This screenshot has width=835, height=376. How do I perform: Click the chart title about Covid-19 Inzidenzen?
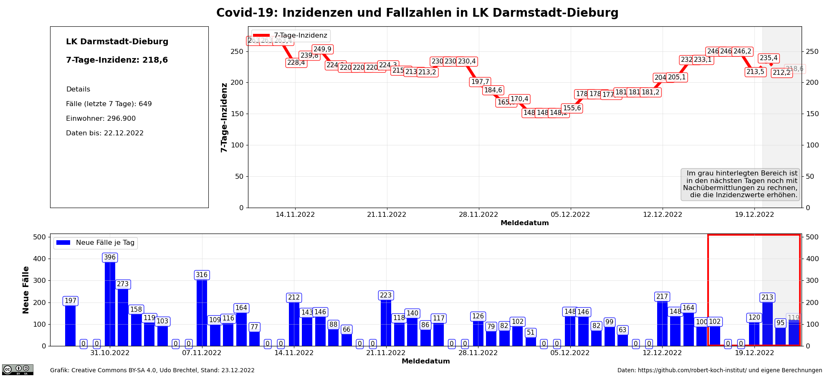point(417,13)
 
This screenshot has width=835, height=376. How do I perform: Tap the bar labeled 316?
point(202,311)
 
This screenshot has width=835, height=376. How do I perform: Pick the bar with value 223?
point(386,322)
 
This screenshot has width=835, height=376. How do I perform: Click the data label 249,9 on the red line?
point(322,49)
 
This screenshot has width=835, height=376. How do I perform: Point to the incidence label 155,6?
point(572,108)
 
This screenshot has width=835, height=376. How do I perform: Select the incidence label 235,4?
point(769,58)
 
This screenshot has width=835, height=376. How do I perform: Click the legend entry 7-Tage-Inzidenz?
point(291,36)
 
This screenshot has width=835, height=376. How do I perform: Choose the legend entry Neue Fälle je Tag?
point(96,243)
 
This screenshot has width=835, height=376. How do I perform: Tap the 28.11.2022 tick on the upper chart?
point(478,215)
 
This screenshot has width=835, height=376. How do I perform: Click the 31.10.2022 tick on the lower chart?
point(110,353)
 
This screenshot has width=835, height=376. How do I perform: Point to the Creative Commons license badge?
point(18,369)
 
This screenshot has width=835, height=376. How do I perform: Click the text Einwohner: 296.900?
point(101,119)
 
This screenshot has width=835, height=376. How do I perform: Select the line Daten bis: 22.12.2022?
point(105,133)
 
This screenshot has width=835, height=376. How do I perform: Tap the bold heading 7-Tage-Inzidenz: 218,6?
point(117,60)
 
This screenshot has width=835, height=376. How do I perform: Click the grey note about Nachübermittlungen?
point(740,184)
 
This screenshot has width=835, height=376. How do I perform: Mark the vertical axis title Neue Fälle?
point(26,290)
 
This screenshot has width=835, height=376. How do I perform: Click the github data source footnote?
point(719,370)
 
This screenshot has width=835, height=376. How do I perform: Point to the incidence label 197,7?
point(480,82)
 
